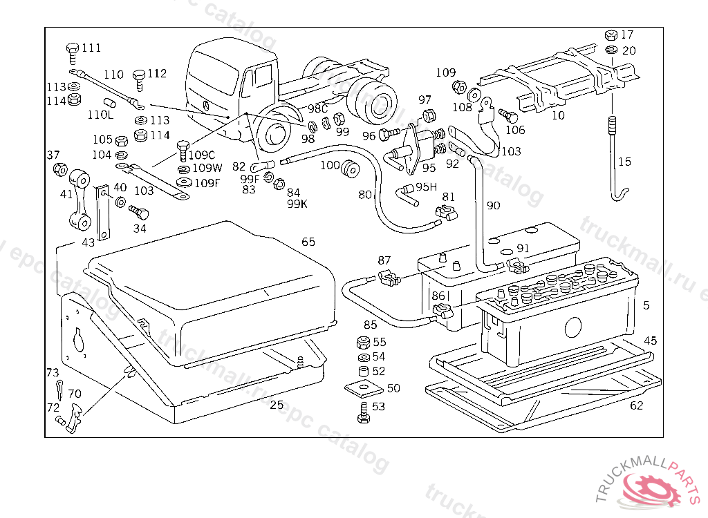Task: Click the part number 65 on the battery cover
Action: point(308,242)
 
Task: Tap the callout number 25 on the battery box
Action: point(277,405)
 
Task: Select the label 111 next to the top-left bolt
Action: point(91,48)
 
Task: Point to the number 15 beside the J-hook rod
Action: point(624,162)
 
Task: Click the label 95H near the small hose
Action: point(425,186)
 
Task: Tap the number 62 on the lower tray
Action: point(636,405)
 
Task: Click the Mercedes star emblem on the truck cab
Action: point(206,106)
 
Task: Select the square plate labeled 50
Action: point(360,388)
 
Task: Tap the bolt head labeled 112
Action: point(139,75)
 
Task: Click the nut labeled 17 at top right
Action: point(611,35)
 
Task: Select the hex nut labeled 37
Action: point(59,169)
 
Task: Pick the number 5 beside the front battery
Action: point(646,305)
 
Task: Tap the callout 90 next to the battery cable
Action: point(493,205)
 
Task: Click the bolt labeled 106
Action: point(505,115)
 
